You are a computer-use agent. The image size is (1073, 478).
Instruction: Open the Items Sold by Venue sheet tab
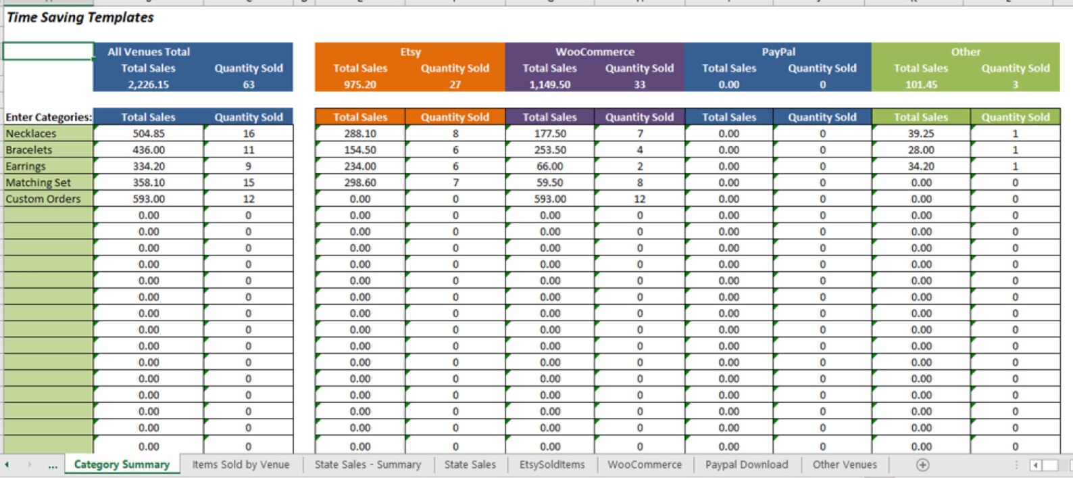pyautogui.click(x=241, y=464)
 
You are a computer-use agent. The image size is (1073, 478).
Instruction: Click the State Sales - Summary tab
pyautogui.click(x=368, y=464)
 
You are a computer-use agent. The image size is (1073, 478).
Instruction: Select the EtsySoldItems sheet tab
pyautogui.click(x=551, y=464)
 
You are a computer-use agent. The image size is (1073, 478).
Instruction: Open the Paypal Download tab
pyautogui.click(x=747, y=464)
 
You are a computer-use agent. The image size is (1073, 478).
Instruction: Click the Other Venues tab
pyautogui.click(x=845, y=464)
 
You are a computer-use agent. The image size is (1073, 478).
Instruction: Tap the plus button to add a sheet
pyautogui.click(x=922, y=464)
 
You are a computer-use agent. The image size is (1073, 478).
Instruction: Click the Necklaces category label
pyautogui.click(x=31, y=134)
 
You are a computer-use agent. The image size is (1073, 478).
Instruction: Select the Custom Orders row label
pyautogui.click(x=43, y=199)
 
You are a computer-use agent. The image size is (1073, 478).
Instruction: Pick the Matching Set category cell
pyautogui.click(x=39, y=183)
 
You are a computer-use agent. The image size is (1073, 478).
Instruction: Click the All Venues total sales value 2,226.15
pyautogui.click(x=149, y=85)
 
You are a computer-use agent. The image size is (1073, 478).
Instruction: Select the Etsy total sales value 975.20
pyautogui.click(x=360, y=85)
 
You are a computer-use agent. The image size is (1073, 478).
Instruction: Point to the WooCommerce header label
pyautogui.click(x=595, y=52)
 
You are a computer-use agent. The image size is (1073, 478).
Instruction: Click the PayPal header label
pyautogui.click(x=778, y=52)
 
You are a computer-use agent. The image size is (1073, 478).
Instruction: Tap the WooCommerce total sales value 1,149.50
pyautogui.click(x=550, y=85)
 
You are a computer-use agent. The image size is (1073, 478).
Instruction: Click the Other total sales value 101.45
pyautogui.click(x=921, y=85)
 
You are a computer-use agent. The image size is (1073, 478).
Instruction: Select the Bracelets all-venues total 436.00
pyautogui.click(x=149, y=150)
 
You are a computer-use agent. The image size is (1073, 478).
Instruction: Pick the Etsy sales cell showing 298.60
pyautogui.click(x=360, y=183)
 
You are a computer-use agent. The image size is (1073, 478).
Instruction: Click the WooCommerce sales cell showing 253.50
pyautogui.click(x=550, y=150)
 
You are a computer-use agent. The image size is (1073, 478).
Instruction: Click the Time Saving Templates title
pyautogui.click(x=80, y=18)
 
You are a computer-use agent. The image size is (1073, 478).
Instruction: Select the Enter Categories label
pyautogui.click(x=49, y=117)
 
